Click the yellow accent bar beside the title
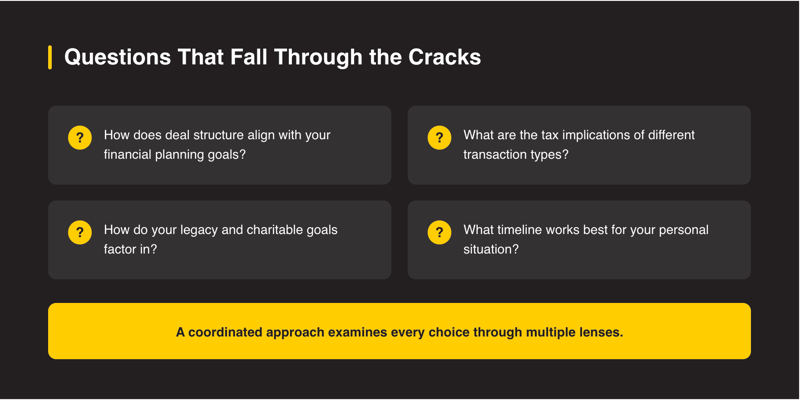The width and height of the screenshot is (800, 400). [x=50, y=57]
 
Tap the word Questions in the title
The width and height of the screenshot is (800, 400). [x=117, y=58]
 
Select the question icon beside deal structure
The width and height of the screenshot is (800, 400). [x=80, y=138]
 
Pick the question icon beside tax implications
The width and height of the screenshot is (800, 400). [x=439, y=138]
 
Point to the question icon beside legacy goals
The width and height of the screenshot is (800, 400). [x=80, y=233]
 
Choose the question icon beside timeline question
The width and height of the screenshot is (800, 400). [x=439, y=233]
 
